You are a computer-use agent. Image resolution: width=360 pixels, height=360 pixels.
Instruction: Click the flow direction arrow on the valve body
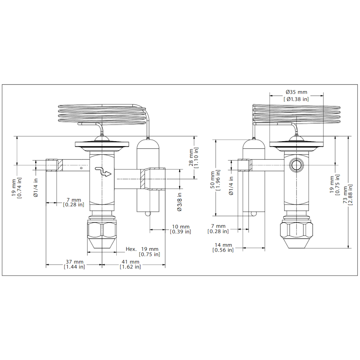[x=103, y=172]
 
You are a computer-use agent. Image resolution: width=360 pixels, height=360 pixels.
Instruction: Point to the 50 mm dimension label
[x=215, y=181]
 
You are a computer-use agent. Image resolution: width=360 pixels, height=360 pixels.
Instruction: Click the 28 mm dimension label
[x=194, y=158]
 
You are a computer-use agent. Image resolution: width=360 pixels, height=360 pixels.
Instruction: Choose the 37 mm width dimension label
[x=75, y=264]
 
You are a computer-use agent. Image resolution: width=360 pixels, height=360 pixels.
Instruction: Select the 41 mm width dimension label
[x=130, y=264]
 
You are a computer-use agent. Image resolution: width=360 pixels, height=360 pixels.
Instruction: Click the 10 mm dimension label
[x=180, y=229]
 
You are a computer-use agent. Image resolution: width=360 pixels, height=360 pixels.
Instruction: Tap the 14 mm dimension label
[x=223, y=248]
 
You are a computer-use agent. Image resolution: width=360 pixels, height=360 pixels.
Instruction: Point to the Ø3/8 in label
[x=179, y=202]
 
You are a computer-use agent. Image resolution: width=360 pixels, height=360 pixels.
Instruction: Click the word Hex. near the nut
[x=131, y=249]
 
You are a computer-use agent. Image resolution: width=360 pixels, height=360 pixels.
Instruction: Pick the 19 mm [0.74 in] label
[x=17, y=188]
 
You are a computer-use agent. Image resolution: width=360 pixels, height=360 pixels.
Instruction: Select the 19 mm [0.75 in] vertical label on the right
[x=334, y=185]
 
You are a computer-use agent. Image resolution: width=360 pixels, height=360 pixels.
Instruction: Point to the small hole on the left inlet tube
[x=81, y=168]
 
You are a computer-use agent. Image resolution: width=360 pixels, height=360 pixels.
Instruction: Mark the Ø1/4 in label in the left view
[x=36, y=188]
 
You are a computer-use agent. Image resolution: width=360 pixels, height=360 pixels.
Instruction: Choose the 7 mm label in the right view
[x=218, y=229]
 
